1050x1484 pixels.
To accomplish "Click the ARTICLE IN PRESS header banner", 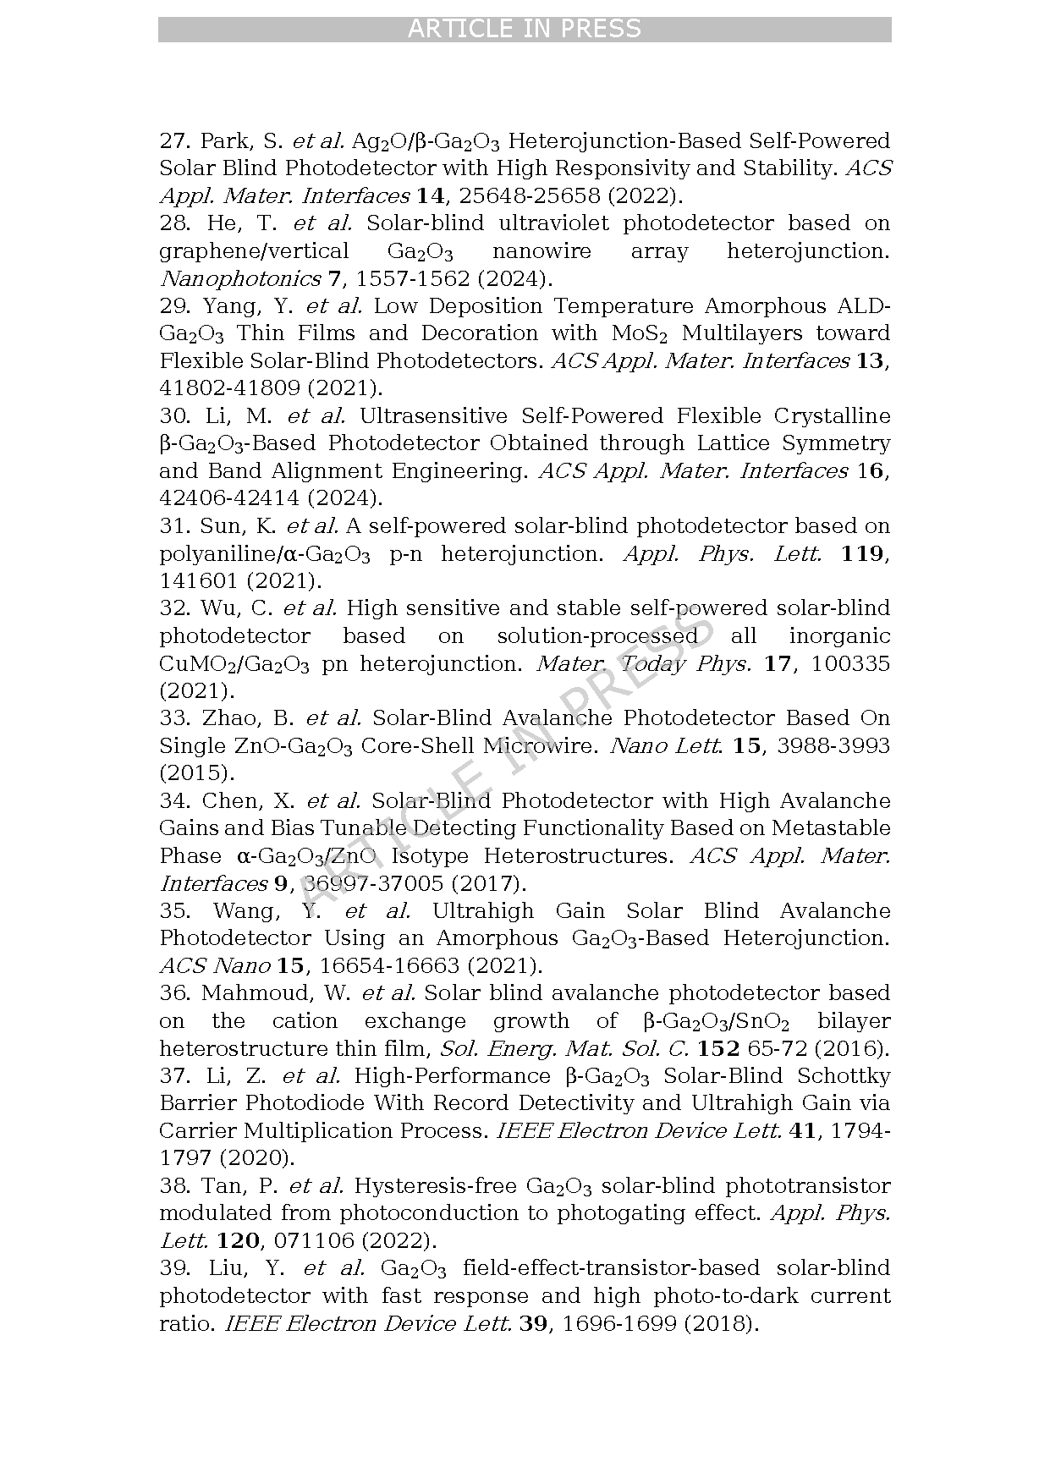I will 525,30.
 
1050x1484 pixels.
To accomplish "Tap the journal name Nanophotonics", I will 240,278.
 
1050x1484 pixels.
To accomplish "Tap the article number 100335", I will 850,663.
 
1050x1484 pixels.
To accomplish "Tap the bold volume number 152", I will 719,1048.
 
